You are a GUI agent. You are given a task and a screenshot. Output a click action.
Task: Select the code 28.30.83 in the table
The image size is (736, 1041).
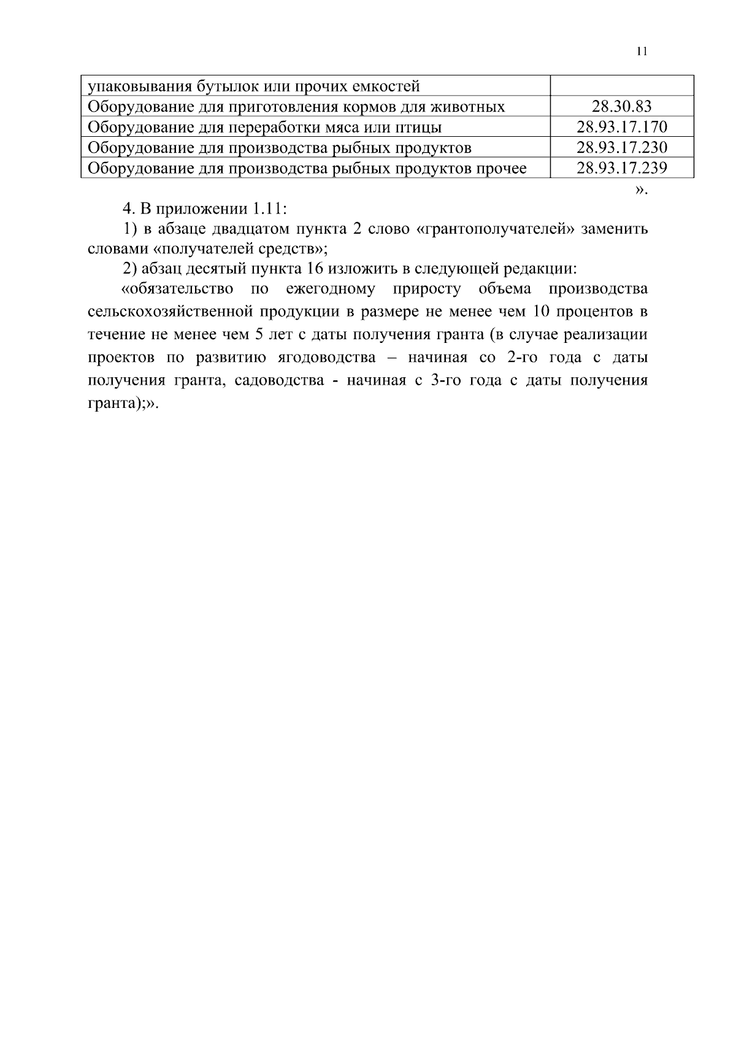pyautogui.click(x=621, y=107)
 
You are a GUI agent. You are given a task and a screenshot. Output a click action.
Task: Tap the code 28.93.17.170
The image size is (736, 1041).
pyautogui.click(x=621, y=127)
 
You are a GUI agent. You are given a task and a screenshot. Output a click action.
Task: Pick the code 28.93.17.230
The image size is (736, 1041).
pyautogui.click(x=621, y=147)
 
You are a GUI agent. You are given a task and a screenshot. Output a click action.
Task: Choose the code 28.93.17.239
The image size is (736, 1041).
pyautogui.click(x=621, y=167)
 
